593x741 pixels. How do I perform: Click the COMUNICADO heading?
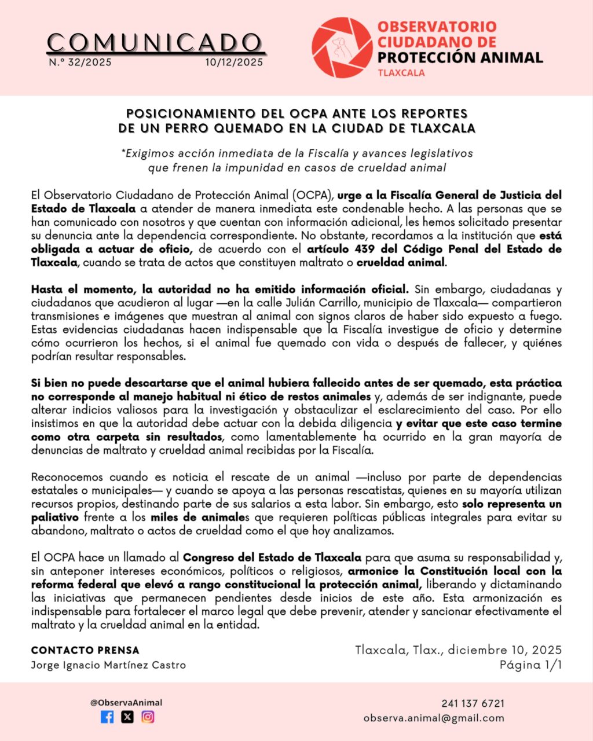coord(155,43)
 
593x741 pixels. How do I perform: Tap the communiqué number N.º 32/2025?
coord(80,63)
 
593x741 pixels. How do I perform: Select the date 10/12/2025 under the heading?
coord(234,63)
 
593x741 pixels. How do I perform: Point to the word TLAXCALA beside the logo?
coord(401,73)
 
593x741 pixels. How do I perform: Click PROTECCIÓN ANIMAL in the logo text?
coord(460,57)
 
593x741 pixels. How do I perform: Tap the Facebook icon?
coord(107,717)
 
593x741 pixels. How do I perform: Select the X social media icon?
coord(127,717)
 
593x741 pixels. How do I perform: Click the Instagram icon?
coord(148,717)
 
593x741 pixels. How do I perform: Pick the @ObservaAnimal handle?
coord(126,702)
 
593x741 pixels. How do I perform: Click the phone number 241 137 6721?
coord(473,703)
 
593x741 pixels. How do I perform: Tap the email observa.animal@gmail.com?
coord(434,718)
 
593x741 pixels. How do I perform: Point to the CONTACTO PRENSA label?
coord(85,650)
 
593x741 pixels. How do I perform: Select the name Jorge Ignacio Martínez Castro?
coord(108,665)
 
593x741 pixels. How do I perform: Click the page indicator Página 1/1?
coord(531,665)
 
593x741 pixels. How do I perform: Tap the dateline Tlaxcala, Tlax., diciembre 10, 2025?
coord(459,650)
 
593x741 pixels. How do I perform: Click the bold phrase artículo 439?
coord(341,249)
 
